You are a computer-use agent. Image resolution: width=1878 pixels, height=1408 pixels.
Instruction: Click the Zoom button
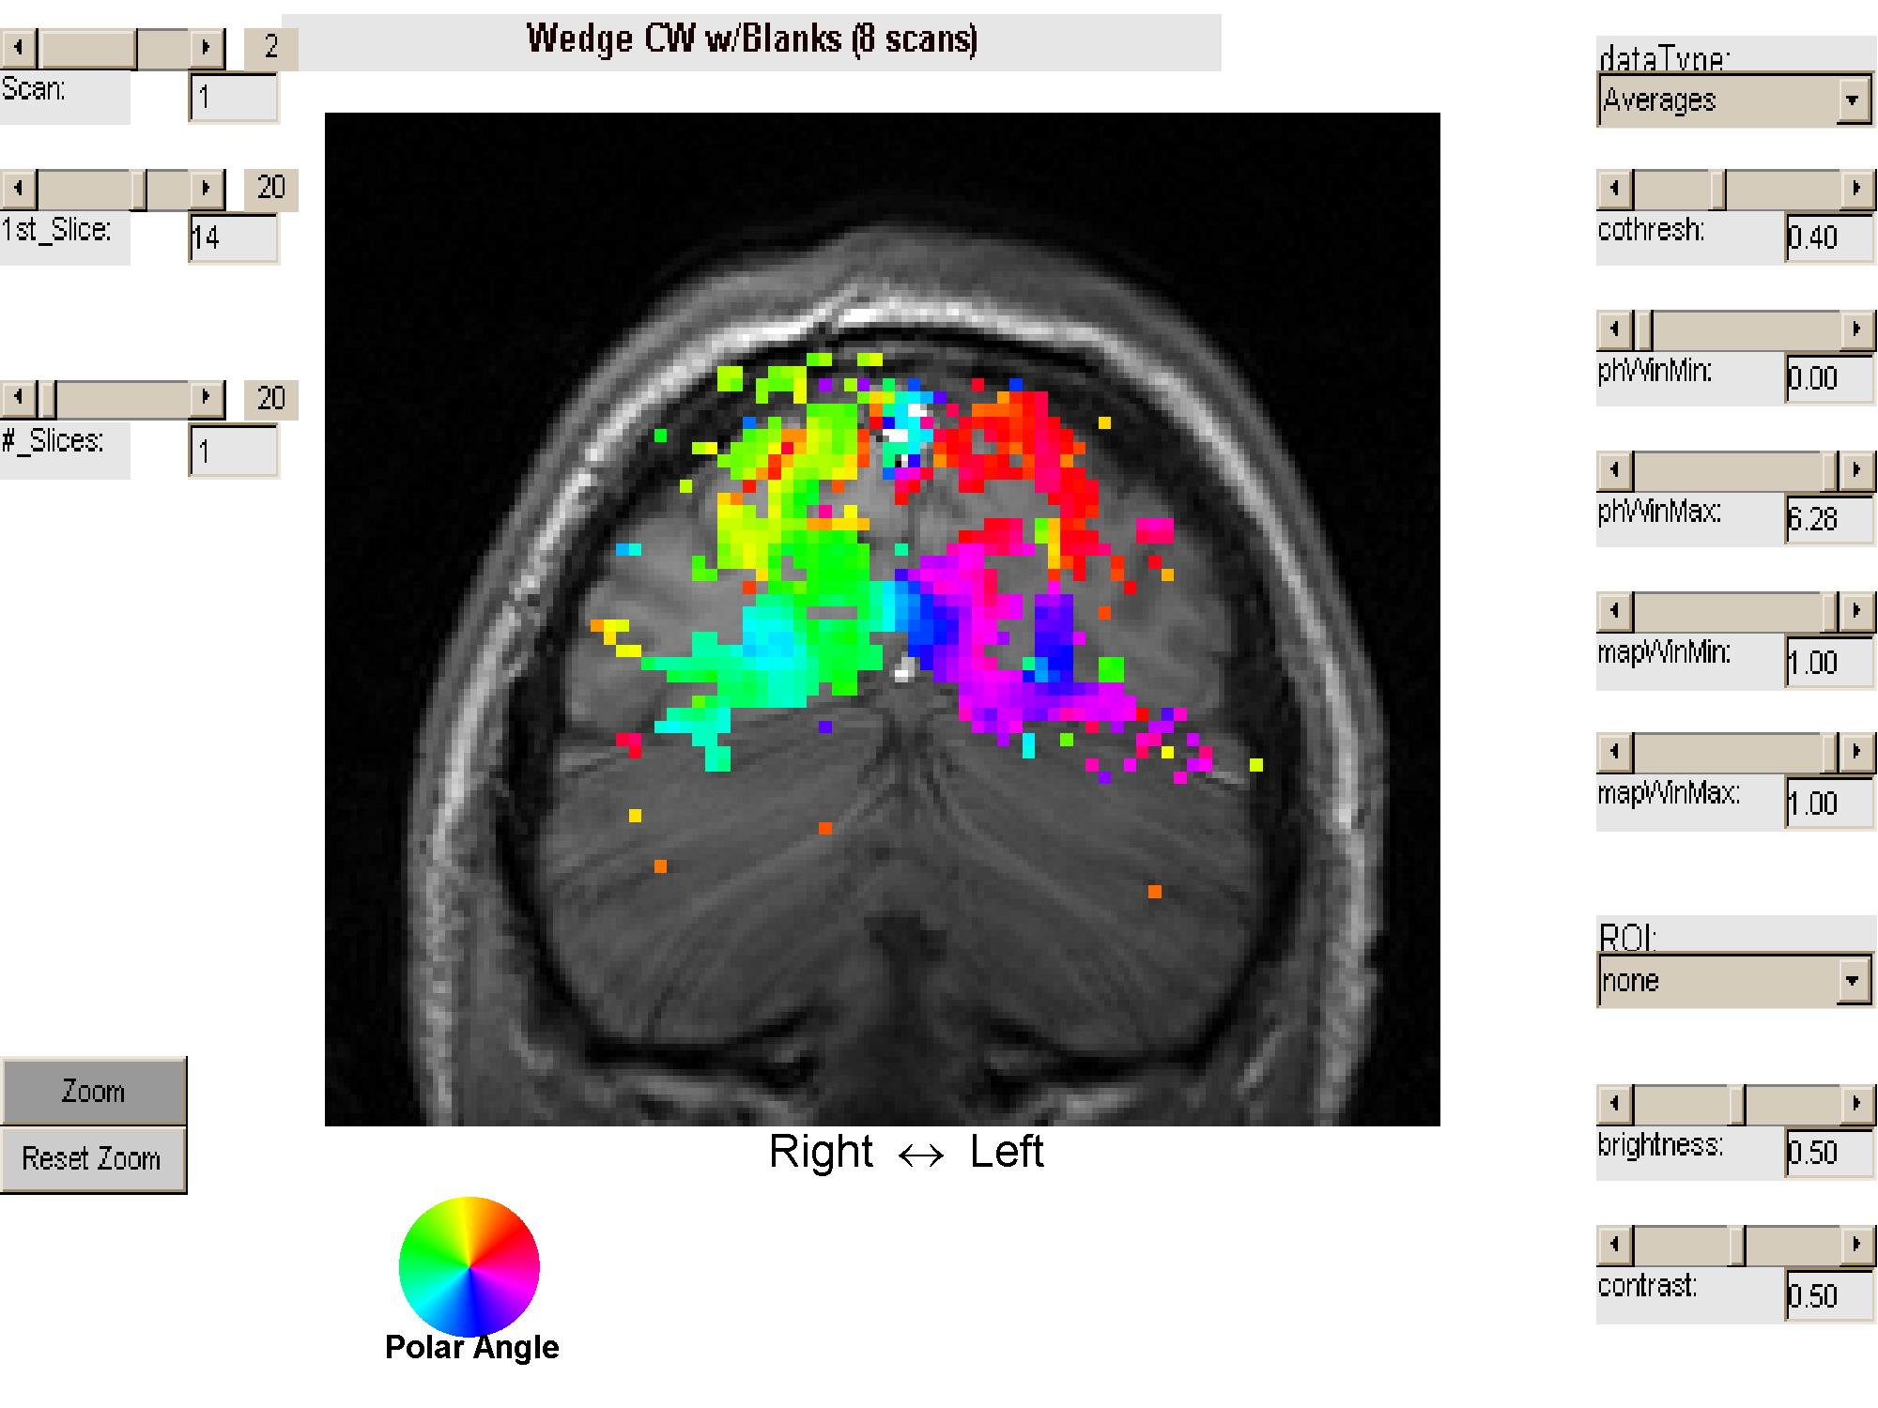click(93, 1092)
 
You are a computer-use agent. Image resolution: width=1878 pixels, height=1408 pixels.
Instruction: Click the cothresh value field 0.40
click(1827, 237)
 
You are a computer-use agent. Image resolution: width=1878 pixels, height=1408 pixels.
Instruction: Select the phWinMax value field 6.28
click(1827, 519)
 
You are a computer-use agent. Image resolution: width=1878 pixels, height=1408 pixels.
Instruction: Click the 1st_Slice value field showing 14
click(233, 238)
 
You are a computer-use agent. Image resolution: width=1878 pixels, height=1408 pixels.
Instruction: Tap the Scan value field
click(233, 98)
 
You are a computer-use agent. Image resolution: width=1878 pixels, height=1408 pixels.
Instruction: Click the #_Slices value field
click(233, 451)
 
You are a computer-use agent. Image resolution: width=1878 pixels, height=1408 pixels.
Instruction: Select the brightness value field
click(1827, 1153)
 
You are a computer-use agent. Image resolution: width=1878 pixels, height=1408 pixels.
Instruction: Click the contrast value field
click(1827, 1295)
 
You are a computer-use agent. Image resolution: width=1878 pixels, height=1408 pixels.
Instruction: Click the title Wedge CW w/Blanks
click(751, 40)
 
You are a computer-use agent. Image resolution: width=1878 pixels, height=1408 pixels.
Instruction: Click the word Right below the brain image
click(821, 1152)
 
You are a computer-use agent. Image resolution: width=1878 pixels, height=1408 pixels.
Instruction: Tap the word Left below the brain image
click(1006, 1152)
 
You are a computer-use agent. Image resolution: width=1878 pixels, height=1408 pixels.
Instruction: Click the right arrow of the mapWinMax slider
click(1855, 752)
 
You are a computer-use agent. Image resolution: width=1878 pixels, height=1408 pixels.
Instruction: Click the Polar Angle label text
click(471, 1348)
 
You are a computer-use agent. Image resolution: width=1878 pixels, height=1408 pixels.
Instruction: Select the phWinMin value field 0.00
click(1827, 378)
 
